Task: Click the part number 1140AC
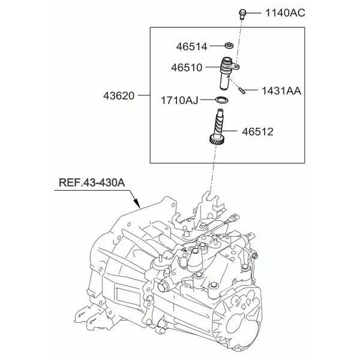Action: tap(284, 12)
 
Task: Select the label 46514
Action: tap(192, 46)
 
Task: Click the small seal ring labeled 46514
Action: tap(228, 46)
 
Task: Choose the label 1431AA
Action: tap(281, 91)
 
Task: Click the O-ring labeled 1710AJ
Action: tap(221, 99)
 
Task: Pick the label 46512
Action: tap(257, 131)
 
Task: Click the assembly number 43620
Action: tap(118, 95)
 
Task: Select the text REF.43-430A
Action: tap(92, 183)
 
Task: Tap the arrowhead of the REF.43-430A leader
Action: tap(139, 206)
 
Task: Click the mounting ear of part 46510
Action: tap(237, 68)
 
